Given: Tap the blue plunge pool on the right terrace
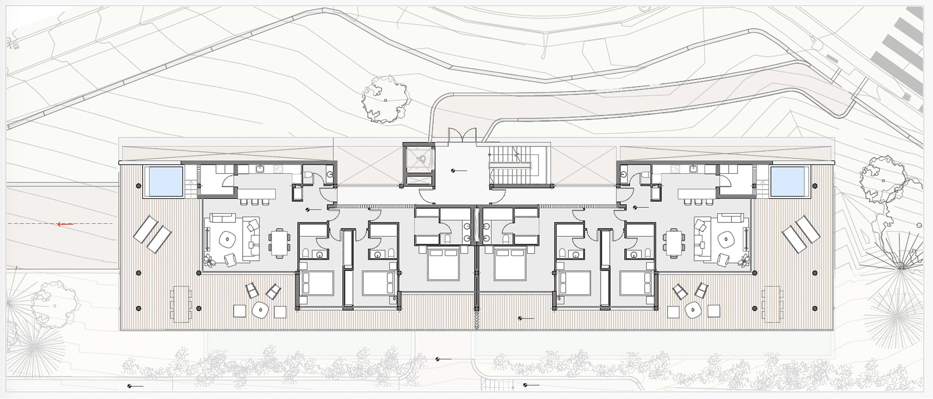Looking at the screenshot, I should click(788, 181).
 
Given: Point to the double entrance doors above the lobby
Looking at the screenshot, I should click(463, 136).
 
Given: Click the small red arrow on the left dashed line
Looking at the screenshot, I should click(66, 224).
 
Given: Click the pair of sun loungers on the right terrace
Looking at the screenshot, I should click(800, 234).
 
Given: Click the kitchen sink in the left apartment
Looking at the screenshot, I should click(260, 169).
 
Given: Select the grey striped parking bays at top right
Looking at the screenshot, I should click(902, 54).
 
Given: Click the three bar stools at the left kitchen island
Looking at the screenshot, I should click(254, 202).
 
